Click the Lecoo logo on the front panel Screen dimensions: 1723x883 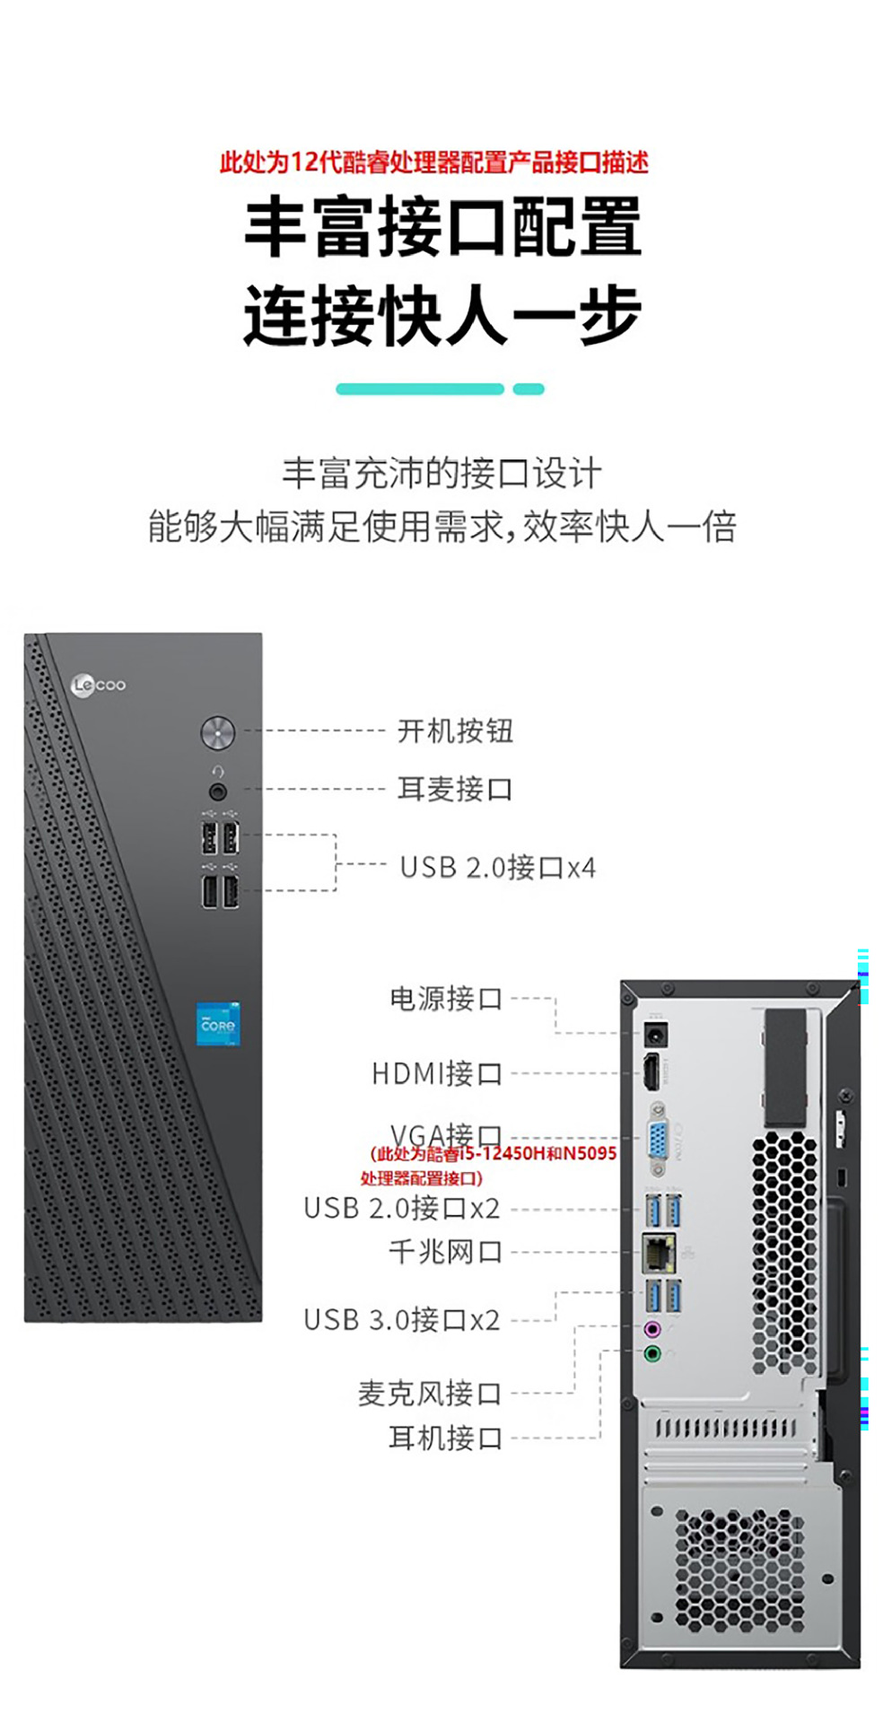(99, 686)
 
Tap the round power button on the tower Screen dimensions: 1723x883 (217, 732)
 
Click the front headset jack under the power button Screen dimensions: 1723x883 (217, 791)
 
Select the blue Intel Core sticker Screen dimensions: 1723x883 (218, 1024)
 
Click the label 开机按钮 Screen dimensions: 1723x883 (455, 731)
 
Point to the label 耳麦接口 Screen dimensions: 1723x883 (455, 790)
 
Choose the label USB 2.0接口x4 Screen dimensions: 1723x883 (497, 868)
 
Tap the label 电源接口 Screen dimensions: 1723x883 (445, 998)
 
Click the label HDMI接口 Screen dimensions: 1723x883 (436, 1073)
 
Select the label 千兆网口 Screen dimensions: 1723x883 (445, 1251)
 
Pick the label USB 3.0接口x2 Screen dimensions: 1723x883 (401, 1320)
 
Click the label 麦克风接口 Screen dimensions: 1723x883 (429, 1394)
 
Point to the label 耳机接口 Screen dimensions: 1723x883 (445, 1439)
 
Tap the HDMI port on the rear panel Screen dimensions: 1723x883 (652, 1072)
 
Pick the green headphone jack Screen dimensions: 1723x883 (653, 1352)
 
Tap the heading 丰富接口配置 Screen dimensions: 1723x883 (442, 228)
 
